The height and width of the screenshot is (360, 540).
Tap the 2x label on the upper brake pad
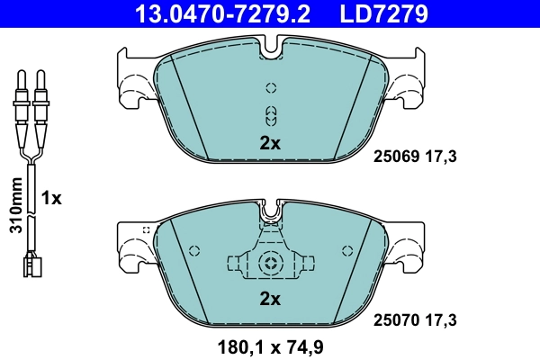270,142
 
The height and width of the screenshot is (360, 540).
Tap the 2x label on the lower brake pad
270,298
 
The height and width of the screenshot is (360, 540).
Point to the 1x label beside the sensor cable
52,198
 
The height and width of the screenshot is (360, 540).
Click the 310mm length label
14,206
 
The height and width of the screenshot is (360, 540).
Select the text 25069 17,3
415,157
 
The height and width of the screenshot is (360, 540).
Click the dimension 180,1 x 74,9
270,345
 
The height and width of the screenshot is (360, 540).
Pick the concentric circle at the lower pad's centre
270,264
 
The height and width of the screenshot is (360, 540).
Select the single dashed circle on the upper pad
270,88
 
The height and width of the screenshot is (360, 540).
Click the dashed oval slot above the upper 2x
270,114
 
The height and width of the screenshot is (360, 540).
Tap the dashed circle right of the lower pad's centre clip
345,251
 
